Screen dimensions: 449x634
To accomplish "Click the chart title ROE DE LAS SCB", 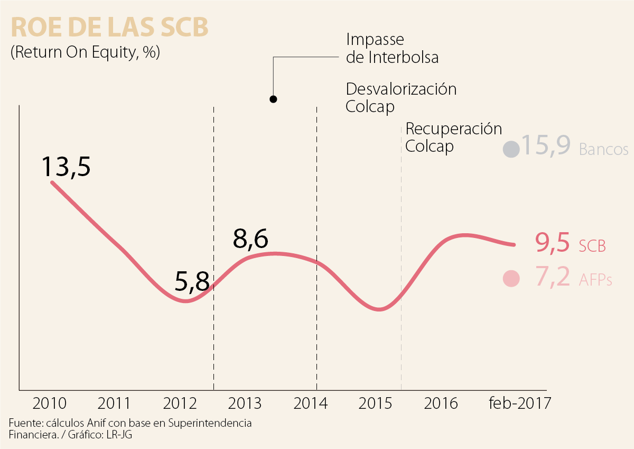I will tap(109, 28).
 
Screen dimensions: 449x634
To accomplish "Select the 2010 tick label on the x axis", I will tap(50, 404).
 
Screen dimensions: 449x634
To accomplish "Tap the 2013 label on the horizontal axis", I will tap(245, 404).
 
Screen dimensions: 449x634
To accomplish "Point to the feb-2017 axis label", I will tap(519, 404).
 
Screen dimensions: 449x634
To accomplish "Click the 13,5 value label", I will tap(66, 166).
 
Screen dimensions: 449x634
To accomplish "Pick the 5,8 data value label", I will tap(192, 282).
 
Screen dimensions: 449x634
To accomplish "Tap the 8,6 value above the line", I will tap(250, 239).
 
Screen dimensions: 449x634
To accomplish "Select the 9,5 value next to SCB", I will tap(552, 244).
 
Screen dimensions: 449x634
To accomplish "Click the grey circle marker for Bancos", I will tap(511, 149).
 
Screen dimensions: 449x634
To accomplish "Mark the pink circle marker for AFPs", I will tap(511, 278).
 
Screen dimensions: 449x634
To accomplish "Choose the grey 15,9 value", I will tap(545, 145).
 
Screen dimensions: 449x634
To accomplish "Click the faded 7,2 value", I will tap(553, 278).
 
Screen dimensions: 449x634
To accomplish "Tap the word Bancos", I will tap(603, 150).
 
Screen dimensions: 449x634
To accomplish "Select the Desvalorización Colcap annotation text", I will tap(400, 97).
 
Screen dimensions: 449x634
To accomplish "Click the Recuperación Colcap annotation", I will tap(453, 137).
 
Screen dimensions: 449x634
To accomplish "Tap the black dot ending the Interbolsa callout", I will tap(273, 99).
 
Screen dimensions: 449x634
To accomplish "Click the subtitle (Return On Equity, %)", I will tap(85, 53).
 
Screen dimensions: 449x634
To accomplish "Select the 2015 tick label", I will tap(376, 404).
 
